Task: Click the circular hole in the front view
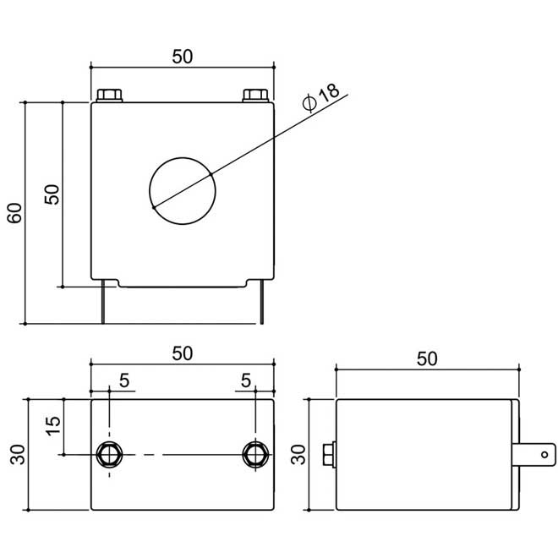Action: [x=183, y=190]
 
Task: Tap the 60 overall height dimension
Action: [x=14, y=213]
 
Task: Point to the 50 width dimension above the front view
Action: [x=183, y=56]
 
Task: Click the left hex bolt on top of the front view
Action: [x=109, y=95]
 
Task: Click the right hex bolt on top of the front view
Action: [x=255, y=95]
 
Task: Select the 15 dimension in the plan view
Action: [x=52, y=426]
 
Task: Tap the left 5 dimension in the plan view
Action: [x=124, y=381]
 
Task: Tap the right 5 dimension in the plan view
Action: [x=246, y=381]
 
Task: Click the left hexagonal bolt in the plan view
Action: [x=110, y=454]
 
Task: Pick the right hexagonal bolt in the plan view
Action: [x=254, y=454]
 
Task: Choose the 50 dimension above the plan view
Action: [x=183, y=353]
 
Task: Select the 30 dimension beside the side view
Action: [x=297, y=454]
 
